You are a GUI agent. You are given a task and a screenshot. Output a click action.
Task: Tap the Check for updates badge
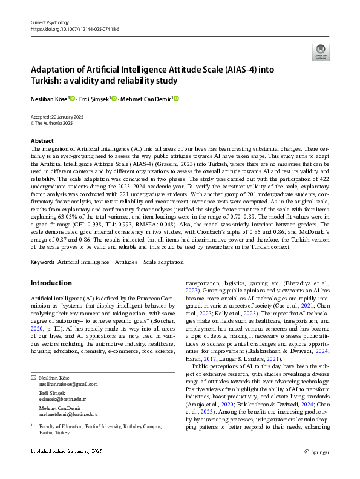320,51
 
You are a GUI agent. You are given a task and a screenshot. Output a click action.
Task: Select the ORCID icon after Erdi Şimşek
114,99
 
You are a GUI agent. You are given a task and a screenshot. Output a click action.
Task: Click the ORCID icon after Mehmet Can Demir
176,99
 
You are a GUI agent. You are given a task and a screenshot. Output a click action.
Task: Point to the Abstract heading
42,140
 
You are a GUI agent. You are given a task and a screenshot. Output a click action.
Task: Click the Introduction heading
51,283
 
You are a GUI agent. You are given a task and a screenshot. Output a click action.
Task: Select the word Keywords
42,262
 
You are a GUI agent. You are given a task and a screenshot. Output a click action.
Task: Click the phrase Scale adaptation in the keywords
163,262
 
